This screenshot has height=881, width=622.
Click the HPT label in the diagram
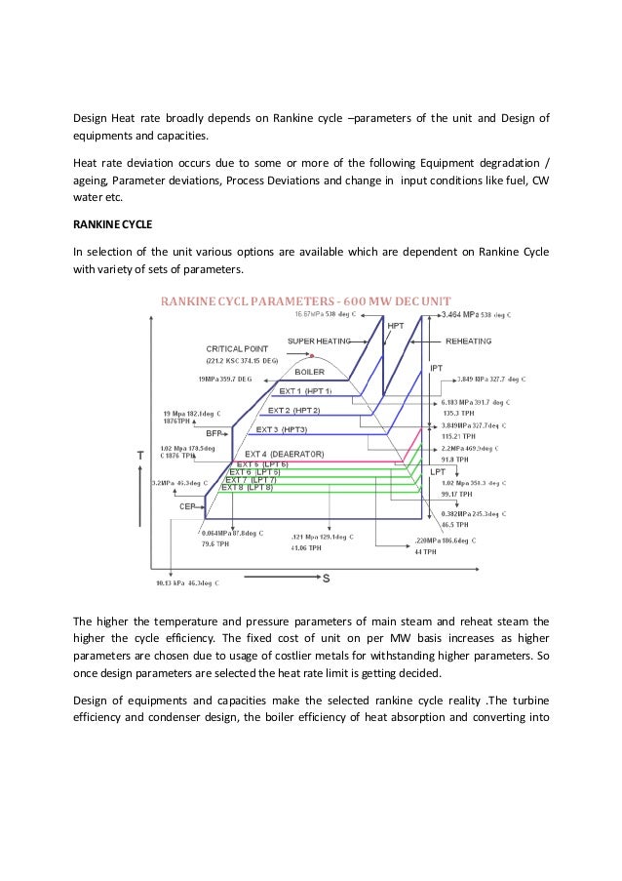pos(397,326)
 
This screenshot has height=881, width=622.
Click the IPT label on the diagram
pos(438,368)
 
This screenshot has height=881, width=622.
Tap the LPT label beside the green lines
pos(438,471)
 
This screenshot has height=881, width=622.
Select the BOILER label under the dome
pos(309,372)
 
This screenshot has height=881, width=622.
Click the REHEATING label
pos(468,341)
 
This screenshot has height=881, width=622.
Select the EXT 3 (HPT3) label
pos(281,429)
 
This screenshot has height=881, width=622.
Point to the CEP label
pos(188,506)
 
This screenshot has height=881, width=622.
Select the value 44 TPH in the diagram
pos(425,552)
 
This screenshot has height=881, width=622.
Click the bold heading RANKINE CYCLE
pos(110,223)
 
